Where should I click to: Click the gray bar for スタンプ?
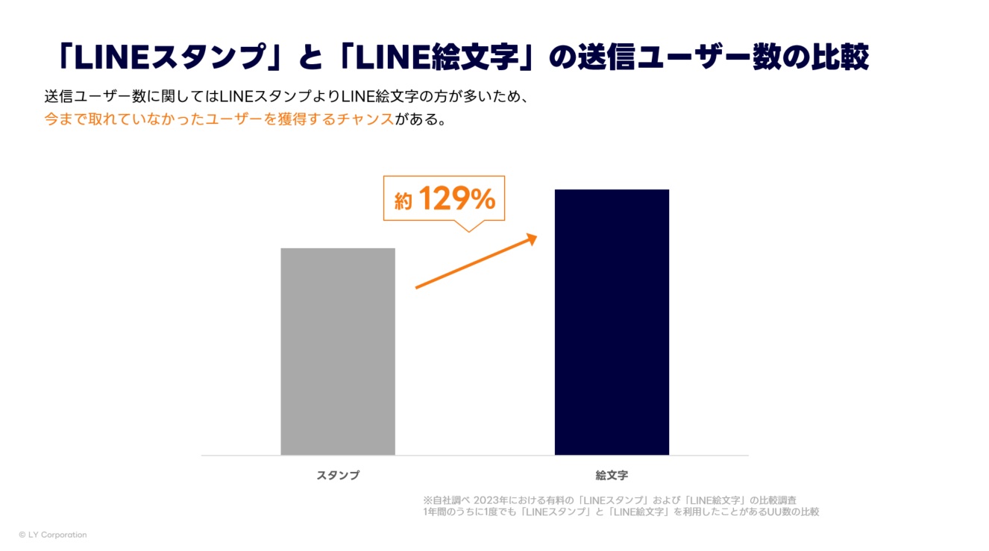(x=338, y=350)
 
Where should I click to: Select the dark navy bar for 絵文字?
(x=612, y=321)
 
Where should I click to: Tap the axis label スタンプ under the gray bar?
(x=338, y=475)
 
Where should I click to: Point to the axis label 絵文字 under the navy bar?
(x=612, y=475)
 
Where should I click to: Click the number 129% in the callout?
(x=456, y=199)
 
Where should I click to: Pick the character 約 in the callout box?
(x=403, y=202)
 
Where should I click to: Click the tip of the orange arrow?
(x=536, y=236)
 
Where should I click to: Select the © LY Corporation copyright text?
(x=53, y=535)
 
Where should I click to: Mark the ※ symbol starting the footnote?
(x=427, y=500)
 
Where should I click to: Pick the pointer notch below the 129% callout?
(x=468, y=227)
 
